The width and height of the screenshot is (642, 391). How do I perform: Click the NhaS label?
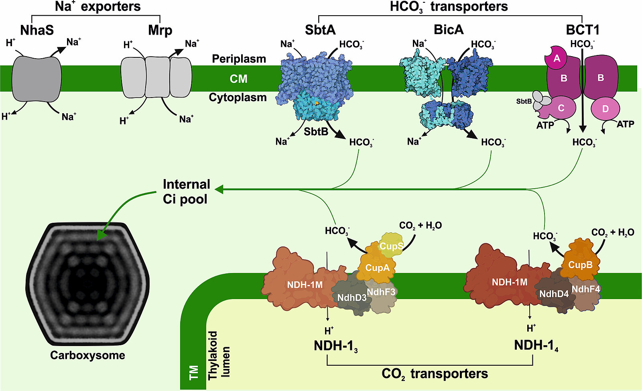37,30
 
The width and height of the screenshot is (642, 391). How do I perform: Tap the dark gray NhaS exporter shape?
37,79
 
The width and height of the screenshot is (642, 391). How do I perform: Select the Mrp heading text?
160,31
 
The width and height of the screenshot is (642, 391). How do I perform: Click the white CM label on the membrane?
238,79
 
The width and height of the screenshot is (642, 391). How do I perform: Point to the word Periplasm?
239,59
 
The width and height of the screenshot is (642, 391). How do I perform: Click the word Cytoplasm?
238,98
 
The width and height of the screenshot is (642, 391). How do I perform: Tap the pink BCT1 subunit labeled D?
605,109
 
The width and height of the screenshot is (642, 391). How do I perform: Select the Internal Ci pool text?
187,191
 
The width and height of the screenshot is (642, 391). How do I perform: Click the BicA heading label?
449,30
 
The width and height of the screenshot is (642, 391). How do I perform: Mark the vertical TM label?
194,373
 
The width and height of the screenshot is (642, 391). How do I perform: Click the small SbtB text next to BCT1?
524,101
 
